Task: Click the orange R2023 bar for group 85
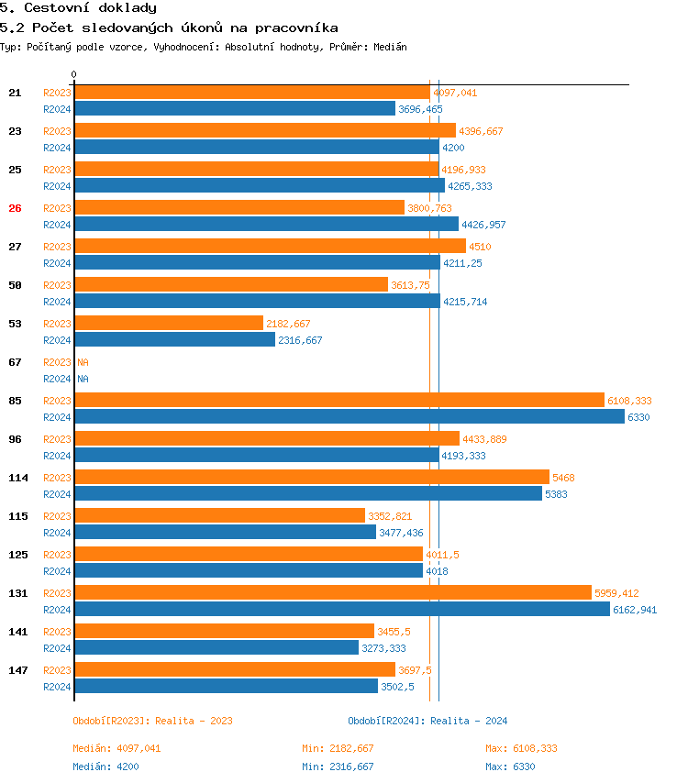pyautogui.click(x=339, y=401)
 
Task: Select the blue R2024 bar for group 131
pyautogui.click(x=341, y=609)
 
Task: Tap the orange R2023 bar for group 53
pyautogui.click(x=169, y=324)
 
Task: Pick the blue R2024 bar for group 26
pyautogui.click(x=266, y=224)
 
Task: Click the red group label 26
pyautogui.click(x=15, y=208)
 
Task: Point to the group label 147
pyautogui.click(x=18, y=670)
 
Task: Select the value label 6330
pyautogui.click(x=638, y=417)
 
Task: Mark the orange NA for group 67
pyautogui.click(x=83, y=362)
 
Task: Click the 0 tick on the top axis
pyautogui.click(x=74, y=75)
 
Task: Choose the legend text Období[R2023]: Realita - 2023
pyautogui.click(x=152, y=721)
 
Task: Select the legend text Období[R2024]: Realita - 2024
pyautogui.click(x=427, y=721)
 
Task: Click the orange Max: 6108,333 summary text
pyautogui.click(x=521, y=748)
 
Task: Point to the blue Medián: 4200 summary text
pyautogui.click(x=105, y=766)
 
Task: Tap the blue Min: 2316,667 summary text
pyautogui.click(x=338, y=766)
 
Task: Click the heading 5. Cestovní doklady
pyautogui.click(x=78, y=8)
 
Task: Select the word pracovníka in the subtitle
pyautogui.click(x=299, y=28)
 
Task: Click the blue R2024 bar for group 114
pyautogui.click(x=308, y=493)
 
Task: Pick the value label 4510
pyautogui.click(x=480, y=247)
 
